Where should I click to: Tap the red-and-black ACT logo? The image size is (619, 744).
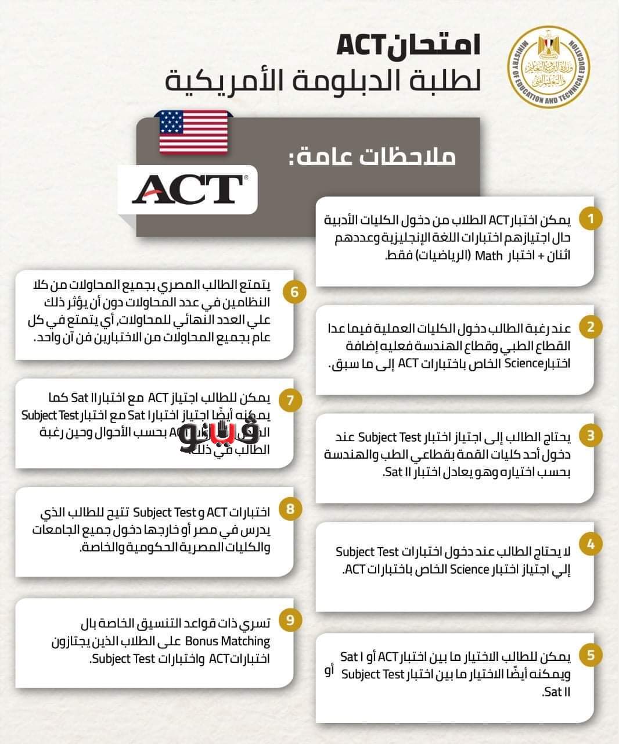coord(188,189)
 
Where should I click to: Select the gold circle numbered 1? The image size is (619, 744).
coord(591,219)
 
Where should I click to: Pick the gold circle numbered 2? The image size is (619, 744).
coord(591,327)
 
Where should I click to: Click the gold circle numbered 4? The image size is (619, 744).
coord(591,545)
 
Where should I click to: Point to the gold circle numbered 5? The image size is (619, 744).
coord(591,655)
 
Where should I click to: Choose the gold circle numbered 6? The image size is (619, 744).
coord(295,291)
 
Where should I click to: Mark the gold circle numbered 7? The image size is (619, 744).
coord(291,400)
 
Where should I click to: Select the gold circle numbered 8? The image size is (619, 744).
coord(291,510)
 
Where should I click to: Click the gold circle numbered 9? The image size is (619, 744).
coord(291,620)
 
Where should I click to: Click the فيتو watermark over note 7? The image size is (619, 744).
coord(225,434)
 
